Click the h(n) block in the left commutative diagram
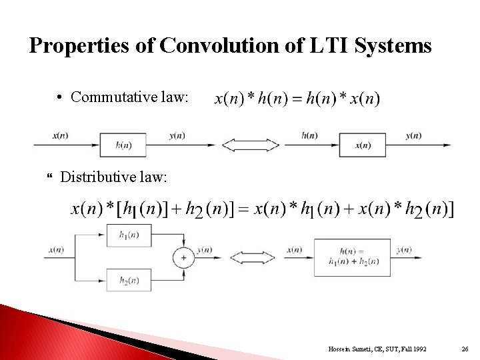click(123, 145)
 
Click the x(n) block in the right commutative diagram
click(363, 145)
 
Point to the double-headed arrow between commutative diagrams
click(250, 145)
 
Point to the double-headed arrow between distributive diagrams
click(252, 257)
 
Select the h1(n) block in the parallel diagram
click(129, 235)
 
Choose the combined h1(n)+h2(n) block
click(351, 257)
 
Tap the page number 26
click(465, 348)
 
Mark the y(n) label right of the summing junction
click(205, 250)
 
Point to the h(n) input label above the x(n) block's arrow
click(309, 135)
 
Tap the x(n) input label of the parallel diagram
click(55, 250)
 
